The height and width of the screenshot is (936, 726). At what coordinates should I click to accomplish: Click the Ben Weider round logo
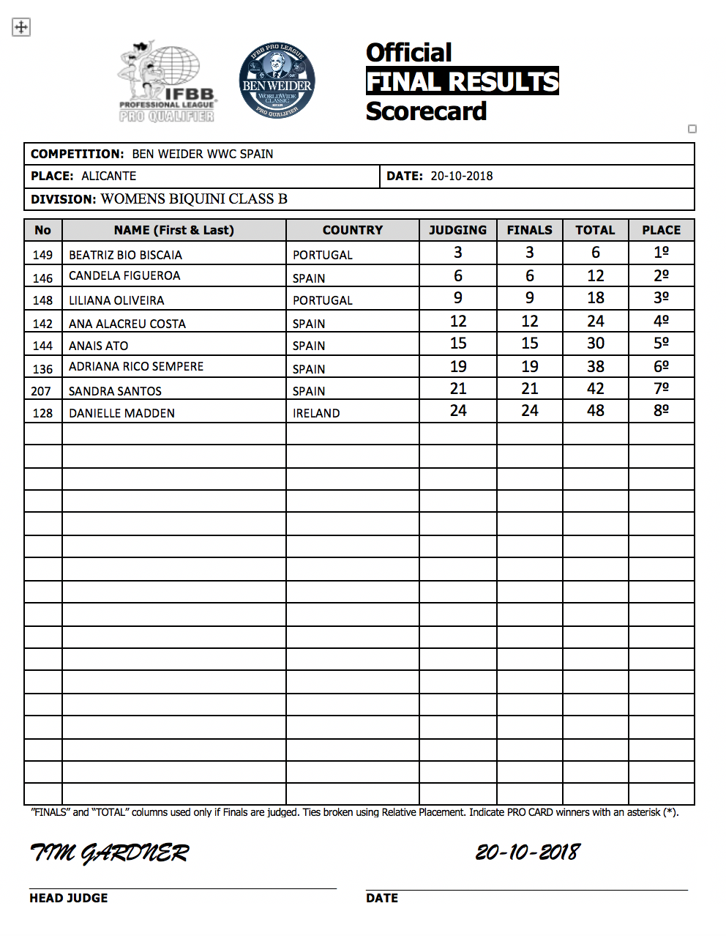tap(277, 81)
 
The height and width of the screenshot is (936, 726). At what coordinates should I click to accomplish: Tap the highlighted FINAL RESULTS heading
tap(462, 81)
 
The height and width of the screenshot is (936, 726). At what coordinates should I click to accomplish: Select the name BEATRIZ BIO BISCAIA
tap(125, 255)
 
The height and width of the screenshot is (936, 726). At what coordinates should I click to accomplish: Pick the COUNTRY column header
tap(352, 230)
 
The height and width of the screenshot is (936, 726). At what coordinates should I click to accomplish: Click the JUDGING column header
tap(457, 230)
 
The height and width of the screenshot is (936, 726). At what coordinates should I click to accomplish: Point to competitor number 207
tap(42, 391)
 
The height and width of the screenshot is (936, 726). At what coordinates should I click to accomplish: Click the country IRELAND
tap(316, 413)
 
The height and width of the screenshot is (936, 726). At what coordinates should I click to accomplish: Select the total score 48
tap(595, 411)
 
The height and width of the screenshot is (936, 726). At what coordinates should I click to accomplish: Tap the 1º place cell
tap(661, 253)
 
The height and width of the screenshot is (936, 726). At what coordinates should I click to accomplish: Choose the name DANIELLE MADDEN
tap(121, 413)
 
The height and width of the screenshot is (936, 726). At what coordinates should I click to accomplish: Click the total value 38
tap(595, 367)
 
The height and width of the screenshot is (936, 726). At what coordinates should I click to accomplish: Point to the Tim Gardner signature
tap(109, 853)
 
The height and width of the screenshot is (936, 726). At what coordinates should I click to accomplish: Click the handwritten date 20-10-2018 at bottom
tap(527, 852)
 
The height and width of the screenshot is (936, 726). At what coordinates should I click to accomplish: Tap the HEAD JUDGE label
tap(68, 898)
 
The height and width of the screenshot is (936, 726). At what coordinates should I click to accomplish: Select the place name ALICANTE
tap(108, 176)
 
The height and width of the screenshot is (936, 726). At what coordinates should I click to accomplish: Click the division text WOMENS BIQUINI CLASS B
tap(194, 199)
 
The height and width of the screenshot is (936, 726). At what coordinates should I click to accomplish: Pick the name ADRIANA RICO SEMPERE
tap(136, 366)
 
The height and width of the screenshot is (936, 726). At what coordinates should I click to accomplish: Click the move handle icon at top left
tap(21, 27)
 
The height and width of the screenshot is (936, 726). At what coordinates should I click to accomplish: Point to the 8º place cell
tap(661, 411)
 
